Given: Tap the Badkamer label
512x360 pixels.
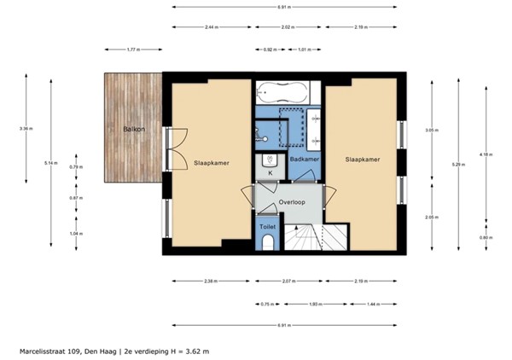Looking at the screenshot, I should [304, 160].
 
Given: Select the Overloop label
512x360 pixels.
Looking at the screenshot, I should [292, 201].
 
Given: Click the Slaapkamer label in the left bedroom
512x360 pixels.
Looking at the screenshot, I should [210, 160].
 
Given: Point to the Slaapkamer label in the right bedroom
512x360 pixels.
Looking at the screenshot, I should [362, 160].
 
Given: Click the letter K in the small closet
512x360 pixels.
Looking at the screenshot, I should [270, 173].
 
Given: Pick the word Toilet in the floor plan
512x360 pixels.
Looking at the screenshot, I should [267, 228].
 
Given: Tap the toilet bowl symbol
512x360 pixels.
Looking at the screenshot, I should [267, 245].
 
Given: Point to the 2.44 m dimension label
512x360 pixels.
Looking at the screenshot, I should [213, 27].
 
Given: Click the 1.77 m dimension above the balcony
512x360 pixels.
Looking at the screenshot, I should [132, 49].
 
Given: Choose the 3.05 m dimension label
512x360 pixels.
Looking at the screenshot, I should [432, 131].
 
